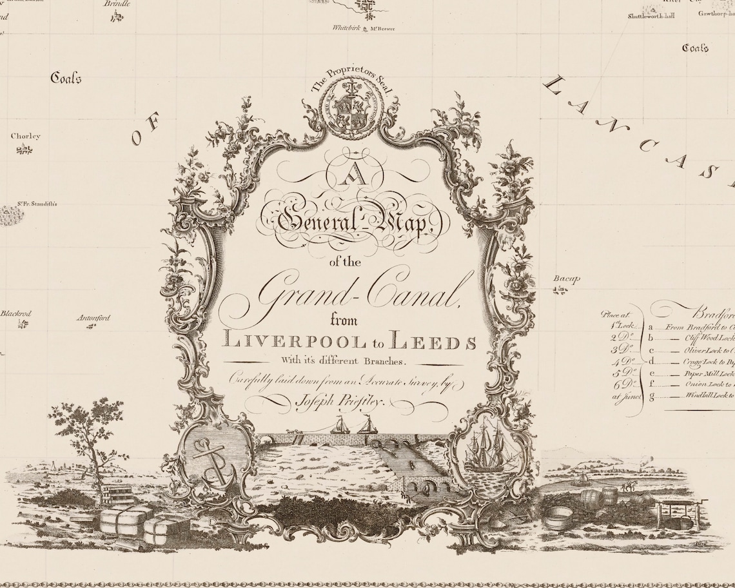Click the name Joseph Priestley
(338, 402)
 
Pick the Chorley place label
(25, 136)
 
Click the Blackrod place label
(16, 313)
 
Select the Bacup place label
(567, 279)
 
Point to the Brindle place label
(117, 3)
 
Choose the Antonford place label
(94, 317)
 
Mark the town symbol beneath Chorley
(24, 150)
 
